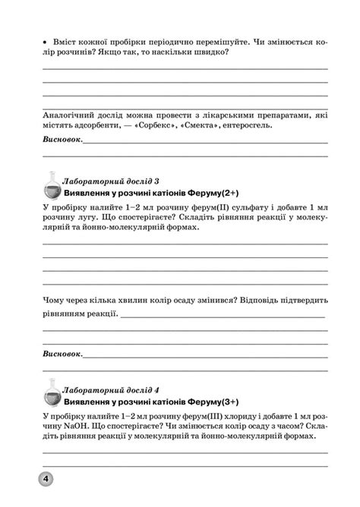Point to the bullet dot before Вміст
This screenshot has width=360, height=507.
pos(46,41)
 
